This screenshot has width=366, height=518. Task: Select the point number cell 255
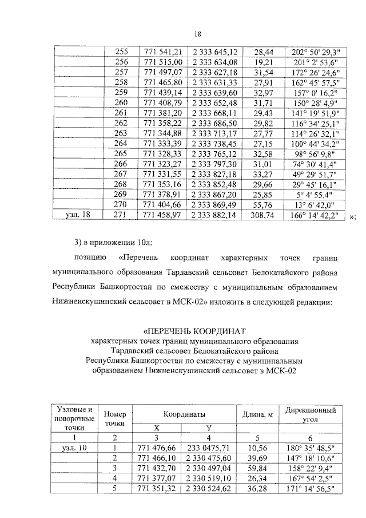tap(121, 51)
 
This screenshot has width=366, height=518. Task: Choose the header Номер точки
tap(115, 418)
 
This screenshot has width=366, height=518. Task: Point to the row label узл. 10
tap(75, 448)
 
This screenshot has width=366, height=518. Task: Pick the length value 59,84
tap(257, 468)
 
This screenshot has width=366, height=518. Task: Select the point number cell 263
tap(121, 133)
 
